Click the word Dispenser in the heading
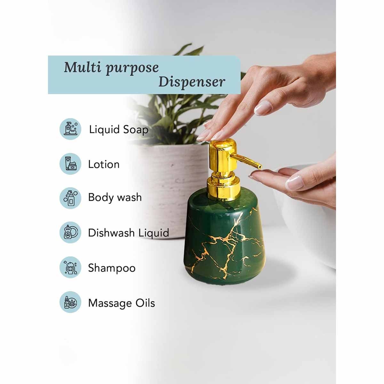pos(192,82)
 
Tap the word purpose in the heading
pos(132,68)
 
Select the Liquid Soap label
pos(119,130)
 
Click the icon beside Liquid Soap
pos(70,129)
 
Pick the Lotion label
pos(104,164)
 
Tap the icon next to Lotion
pos(70,164)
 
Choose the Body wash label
pos(115,197)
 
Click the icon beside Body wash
pos(70,198)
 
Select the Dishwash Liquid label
pos(129,233)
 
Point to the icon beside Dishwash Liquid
pos(70,232)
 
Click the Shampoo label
pos(112,268)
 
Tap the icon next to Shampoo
pos(70,267)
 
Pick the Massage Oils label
pos(122,303)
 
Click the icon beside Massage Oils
pos(70,302)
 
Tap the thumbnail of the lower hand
pos(294,182)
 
